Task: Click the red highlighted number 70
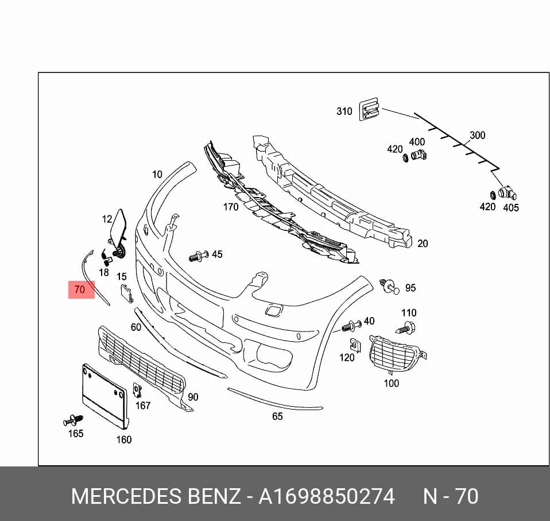click(x=80, y=290)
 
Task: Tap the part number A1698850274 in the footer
click(x=327, y=496)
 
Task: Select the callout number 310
click(x=344, y=111)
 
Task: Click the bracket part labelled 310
click(x=369, y=109)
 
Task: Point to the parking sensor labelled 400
click(x=419, y=155)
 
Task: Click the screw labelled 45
click(x=199, y=256)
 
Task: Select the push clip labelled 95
click(x=389, y=287)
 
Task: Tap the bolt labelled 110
click(x=406, y=327)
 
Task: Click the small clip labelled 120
click(x=355, y=345)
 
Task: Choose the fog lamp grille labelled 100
click(x=396, y=354)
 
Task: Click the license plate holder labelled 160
click(x=105, y=396)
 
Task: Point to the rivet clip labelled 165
click(x=73, y=420)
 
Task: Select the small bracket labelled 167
click(x=137, y=390)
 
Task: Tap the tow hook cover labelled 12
click(x=118, y=225)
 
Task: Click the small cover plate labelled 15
click(x=127, y=294)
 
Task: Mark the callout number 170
click(x=231, y=207)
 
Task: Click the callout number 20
click(x=423, y=244)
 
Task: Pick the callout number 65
click(x=277, y=416)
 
